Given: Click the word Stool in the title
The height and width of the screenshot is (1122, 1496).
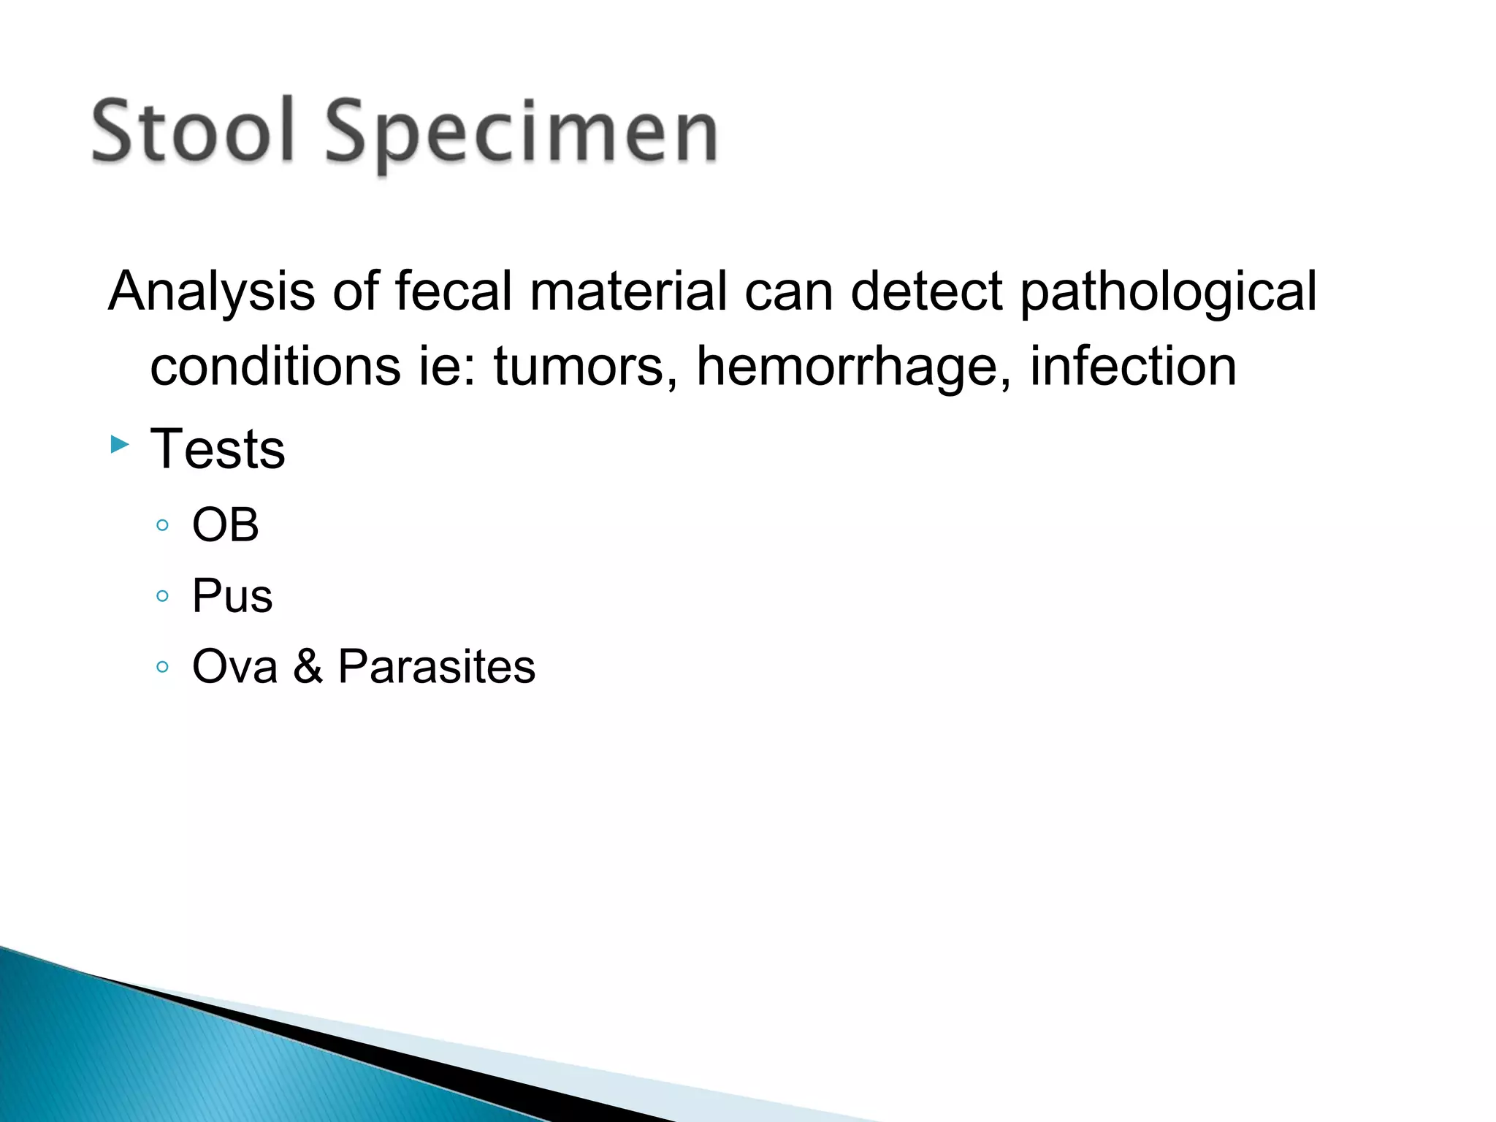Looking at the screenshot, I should (193, 131).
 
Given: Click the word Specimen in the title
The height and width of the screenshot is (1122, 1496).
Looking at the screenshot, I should (522, 134).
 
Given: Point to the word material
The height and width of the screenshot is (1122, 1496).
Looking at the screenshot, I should (628, 291).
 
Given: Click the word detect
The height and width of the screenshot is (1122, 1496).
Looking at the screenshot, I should (926, 291).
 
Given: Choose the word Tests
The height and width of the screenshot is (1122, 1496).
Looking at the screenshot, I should (218, 449).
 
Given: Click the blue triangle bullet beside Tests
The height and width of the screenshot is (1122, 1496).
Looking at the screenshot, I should (120, 443).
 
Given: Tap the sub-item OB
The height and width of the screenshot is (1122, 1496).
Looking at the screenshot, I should (225, 524).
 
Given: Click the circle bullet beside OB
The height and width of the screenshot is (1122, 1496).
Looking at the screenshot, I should (162, 525).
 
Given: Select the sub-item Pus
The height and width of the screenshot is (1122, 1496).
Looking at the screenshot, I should (232, 595).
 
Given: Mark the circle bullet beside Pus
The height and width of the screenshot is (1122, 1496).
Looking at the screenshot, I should (162, 596).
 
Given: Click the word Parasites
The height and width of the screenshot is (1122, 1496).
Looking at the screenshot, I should (436, 666).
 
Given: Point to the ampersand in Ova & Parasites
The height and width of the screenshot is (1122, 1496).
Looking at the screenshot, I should (308, 666).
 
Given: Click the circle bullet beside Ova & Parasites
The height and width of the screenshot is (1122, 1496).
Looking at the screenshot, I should (162, 666).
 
